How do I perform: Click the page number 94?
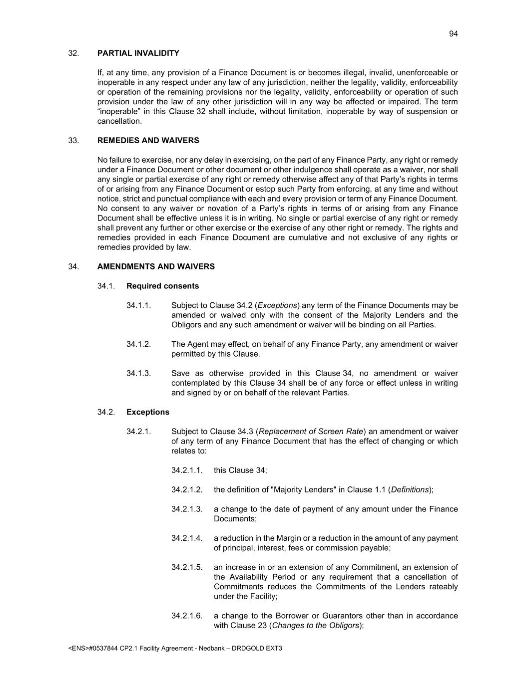pos(453,34)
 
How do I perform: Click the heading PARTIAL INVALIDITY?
pos(138,53)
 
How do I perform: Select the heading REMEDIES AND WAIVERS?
pos(148,141)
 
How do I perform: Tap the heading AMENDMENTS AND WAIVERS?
pos(156,267)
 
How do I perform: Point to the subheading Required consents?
pos(162,286)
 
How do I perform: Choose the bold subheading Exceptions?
pos(148,412)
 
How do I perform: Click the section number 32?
pos(73,53)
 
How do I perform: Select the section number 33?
pos(73,141)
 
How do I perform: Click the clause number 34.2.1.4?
pos(187,538)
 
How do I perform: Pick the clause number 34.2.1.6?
pos(187,616)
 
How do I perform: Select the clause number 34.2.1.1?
pos(187,470)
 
